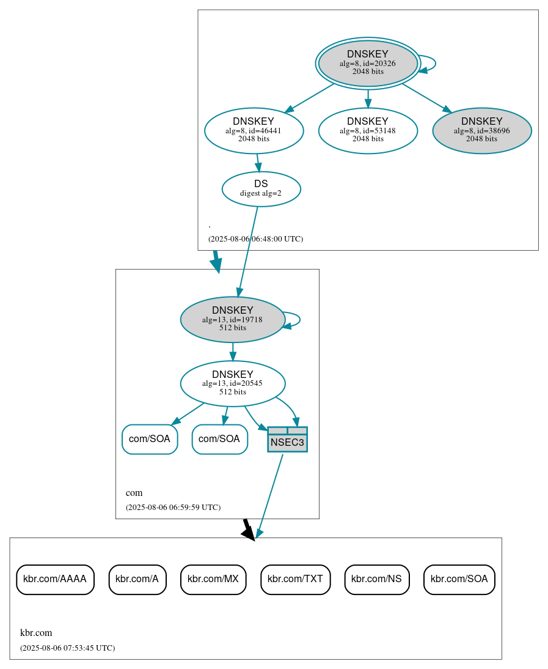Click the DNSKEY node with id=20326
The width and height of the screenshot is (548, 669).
coord(368,63)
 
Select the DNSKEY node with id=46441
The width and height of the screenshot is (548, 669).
coord(254,130)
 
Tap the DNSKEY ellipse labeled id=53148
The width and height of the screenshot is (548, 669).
coord(368,130)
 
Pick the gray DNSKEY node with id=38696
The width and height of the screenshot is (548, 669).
coord(481,130)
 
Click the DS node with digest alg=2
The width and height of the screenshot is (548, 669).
coord(261,189)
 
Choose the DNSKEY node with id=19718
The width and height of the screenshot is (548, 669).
coord(232,319)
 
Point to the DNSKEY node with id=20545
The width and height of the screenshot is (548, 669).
coord(232,383)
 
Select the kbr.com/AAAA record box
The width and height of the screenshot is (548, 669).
coord(55,579)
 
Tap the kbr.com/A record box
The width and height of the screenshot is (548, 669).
coord(137,579)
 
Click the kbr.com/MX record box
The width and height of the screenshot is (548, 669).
coord(213,579)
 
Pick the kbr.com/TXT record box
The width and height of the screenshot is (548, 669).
coord(296,579)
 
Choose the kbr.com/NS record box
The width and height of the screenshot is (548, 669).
coord(376,579)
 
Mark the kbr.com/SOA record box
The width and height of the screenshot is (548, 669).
coord(459,579)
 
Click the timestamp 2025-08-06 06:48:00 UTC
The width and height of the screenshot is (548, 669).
coord(255,239)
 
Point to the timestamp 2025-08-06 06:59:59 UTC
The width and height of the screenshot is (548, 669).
coord(173,508)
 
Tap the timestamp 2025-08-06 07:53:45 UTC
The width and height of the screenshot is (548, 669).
coord(67,648)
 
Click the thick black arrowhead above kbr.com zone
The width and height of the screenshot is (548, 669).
coord(248,533)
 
